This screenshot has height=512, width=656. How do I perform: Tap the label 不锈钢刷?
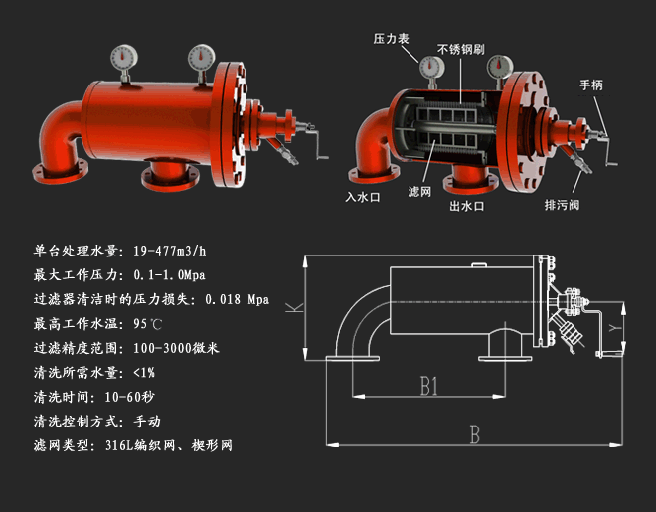point(457,48)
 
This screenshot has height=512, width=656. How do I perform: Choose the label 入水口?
point(363,197)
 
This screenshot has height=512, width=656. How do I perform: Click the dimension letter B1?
point(429,386)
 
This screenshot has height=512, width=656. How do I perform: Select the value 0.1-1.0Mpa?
point(169,274)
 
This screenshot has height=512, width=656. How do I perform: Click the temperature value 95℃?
point(147,324)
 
